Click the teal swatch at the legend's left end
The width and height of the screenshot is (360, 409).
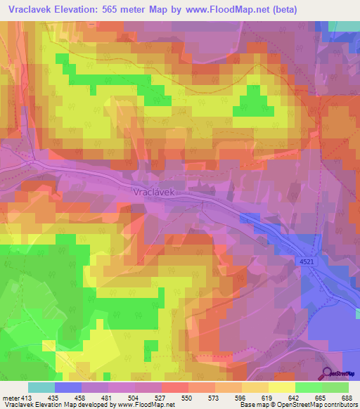click(x=41, y=387)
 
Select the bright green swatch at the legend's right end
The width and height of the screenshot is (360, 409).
click(x=335, y=387)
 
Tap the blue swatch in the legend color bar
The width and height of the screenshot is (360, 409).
click(x=68, y=387)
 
